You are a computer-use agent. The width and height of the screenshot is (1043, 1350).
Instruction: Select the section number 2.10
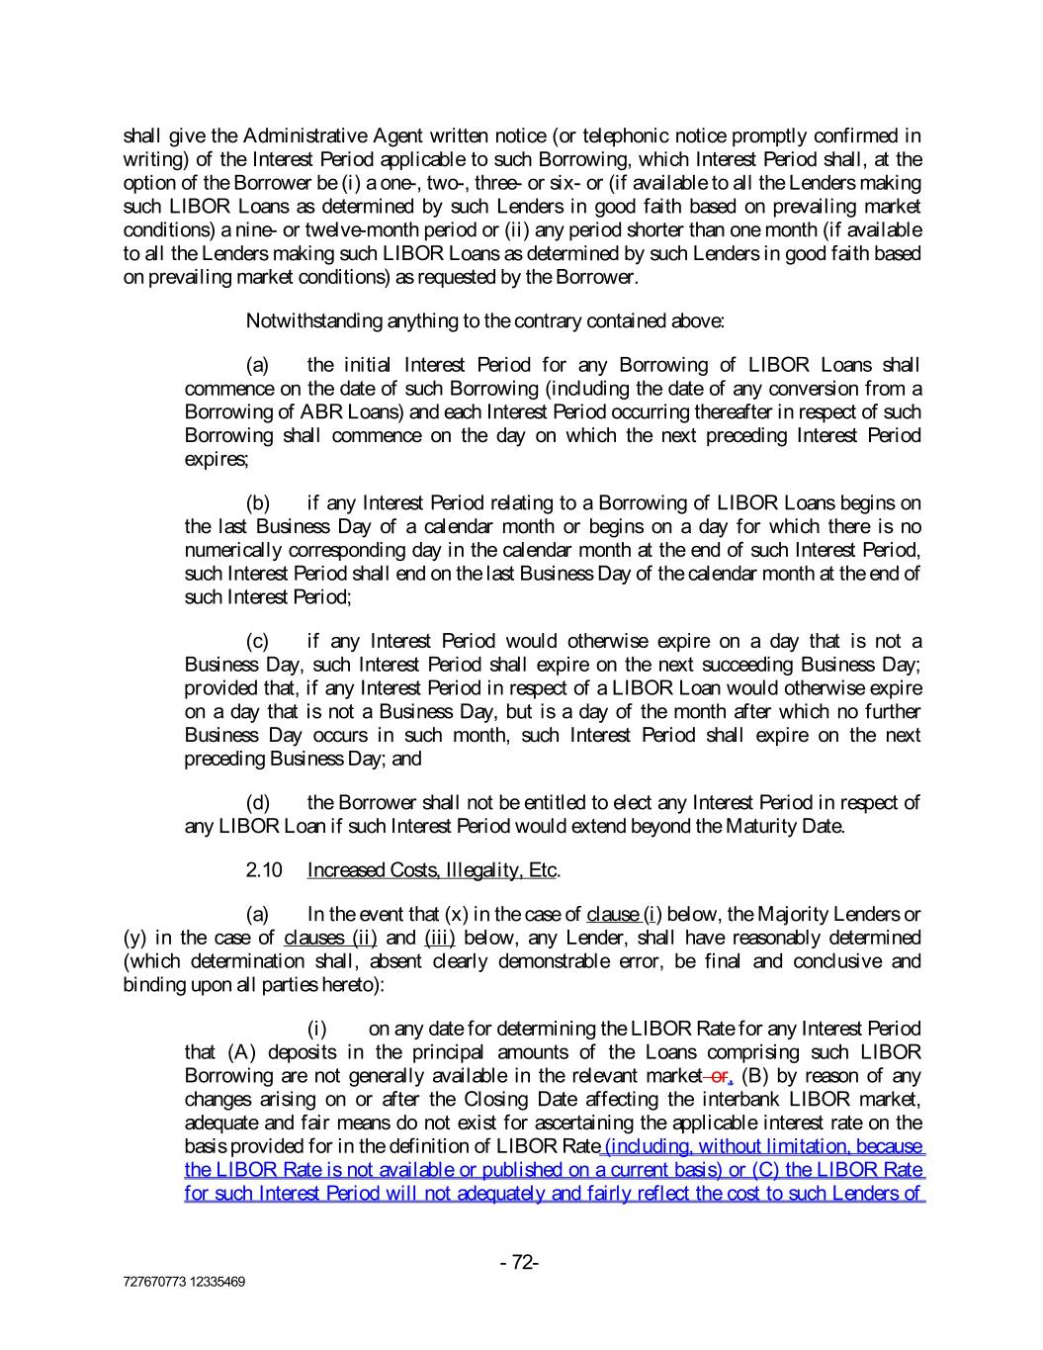[x=264, y=870]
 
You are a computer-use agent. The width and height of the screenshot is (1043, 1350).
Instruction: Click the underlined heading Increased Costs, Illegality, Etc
[x=432, y=870]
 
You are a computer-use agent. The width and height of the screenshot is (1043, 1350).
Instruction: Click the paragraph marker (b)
[x=258, y=503]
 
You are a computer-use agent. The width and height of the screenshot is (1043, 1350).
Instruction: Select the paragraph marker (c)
[x=258, y=642]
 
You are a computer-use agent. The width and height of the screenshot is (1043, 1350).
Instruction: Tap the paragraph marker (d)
[x=258, y=802]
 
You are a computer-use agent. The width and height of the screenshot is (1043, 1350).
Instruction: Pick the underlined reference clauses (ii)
[x=330, y=938]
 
